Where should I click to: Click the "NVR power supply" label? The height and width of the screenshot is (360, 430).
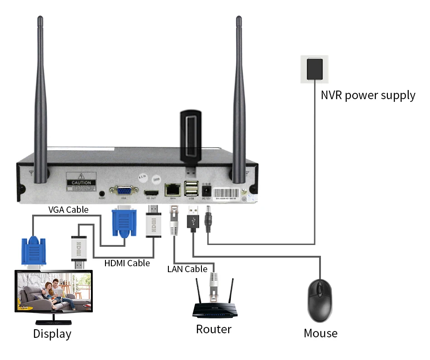tap(368, 96)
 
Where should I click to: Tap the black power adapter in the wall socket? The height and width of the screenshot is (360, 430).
tap(315, 68)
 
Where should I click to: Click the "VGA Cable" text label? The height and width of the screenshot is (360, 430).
tap(68, 210)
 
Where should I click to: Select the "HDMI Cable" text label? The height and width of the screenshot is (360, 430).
tap(127, 263)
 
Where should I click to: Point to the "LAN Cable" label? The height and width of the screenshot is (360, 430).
tap(187, 269)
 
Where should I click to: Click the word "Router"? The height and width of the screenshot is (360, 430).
tap(214, 329)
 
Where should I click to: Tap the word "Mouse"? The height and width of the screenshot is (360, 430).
tap(320, 334)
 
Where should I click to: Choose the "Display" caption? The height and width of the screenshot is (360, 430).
tap(52, 334)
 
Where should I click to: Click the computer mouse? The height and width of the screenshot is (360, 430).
tap(320, 299)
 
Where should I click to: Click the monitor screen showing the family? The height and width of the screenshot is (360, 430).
tap(53, 292)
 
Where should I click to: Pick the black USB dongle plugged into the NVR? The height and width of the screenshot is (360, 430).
tap(190, 138)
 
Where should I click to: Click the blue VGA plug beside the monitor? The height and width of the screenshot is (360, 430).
tap(33, 251)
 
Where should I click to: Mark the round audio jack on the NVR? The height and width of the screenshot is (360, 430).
tap(102, 194)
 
